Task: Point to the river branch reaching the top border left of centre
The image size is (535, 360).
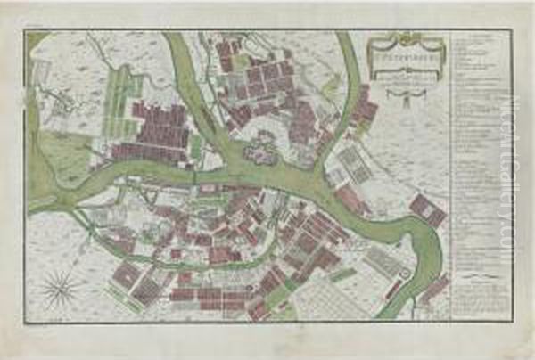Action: (178, 53)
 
